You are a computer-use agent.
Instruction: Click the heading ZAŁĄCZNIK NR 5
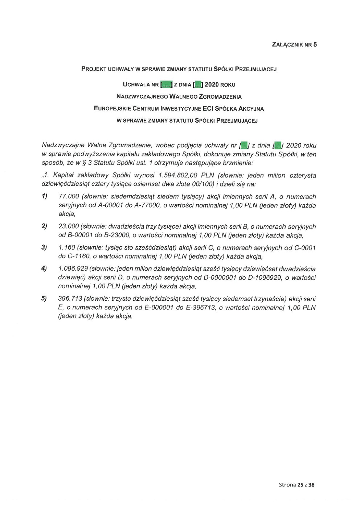(294, 45)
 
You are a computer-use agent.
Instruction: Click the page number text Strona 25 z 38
(296, 485)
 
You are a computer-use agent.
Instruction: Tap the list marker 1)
(44, 197)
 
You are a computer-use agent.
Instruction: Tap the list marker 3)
(44, 248)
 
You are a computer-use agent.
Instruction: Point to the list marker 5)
(44, 299)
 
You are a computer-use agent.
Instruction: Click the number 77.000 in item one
(69, 197)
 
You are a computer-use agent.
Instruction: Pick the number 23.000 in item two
(69, 227)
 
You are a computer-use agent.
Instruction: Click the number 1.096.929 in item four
(73, 269)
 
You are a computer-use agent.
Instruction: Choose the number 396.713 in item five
(70, 299)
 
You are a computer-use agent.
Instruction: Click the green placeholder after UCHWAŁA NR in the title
(167, 85)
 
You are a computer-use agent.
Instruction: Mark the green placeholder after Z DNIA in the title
(198, 85)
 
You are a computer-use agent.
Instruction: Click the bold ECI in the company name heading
(208, 108)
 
